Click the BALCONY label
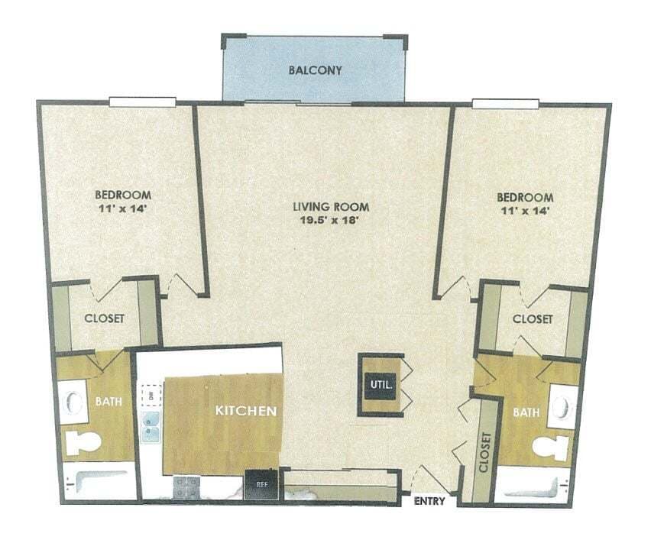(x=315, y=71)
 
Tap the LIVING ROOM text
(x=332, y=206)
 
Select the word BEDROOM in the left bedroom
(x=123, y=194)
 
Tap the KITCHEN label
(x=245, y=411)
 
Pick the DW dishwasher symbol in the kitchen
(x=151, y=395)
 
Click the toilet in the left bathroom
(x=83, y=443)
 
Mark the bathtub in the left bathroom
(x=97, y=483)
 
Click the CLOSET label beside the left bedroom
(x=105, y=318)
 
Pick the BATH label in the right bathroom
(x=526, y=412)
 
